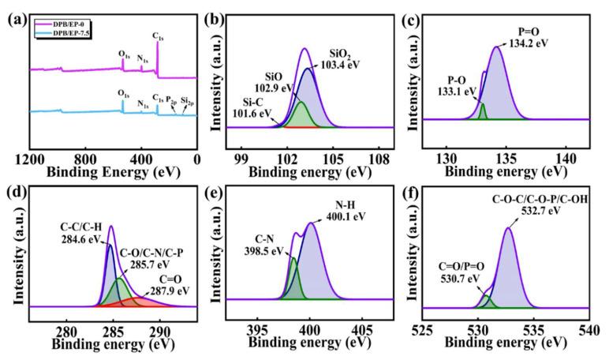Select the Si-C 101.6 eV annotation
click(x=249, y=108)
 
